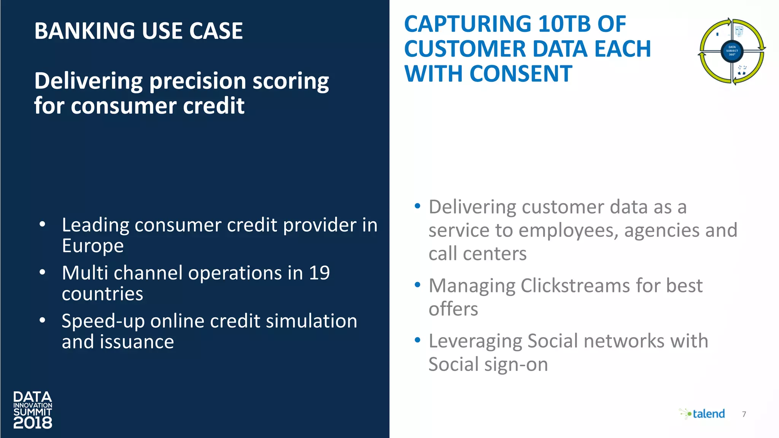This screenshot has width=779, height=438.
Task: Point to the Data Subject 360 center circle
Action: point(732,51)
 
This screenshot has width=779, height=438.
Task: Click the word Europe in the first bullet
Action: point(93,246)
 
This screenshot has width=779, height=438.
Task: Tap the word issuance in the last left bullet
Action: point(137,342)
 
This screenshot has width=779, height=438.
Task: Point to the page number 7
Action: point(744,414)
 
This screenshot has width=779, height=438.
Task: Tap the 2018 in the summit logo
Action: point(33,423)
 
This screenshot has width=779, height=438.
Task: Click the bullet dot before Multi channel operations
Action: point(43,272)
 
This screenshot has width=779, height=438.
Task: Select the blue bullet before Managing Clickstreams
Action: point(417,285)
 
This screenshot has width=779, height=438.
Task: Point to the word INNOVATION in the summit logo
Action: point(33,405)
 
